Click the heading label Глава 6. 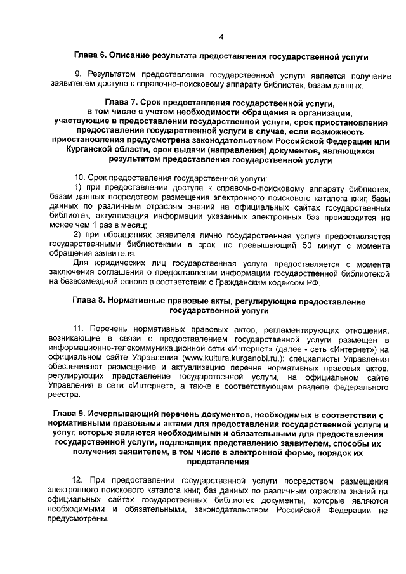(x=91, y=57)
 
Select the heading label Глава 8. (x=88, y=302)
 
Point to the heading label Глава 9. (x=69, y=414)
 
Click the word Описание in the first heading (x=135, y=57)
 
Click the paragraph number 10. (x=80, y=179)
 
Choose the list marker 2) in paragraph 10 (x=78, y=235)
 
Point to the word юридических (x=113, y=263)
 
